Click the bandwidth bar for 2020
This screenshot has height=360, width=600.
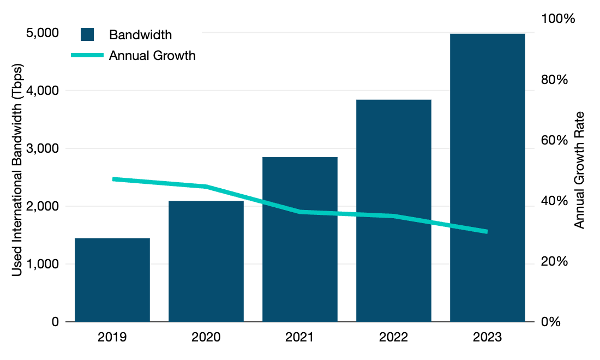coord(206,261)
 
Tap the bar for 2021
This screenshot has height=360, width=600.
coord(300,239)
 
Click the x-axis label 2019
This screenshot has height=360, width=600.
coord(112,337)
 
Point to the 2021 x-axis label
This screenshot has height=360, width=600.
coord(300,337)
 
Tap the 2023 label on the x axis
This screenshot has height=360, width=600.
coord(488,337)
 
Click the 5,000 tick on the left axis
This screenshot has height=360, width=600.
coord(43,33)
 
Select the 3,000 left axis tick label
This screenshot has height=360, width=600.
coord(43,149)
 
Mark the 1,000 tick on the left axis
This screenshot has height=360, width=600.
coord(43,265)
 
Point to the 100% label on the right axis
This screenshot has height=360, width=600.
coord(557,19)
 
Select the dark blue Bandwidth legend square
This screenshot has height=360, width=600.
coord(87,34)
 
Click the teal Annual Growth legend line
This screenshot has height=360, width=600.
coord(87,55)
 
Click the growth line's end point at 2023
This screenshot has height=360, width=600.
coord(487,232)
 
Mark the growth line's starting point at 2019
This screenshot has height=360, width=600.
coord(113,179)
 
